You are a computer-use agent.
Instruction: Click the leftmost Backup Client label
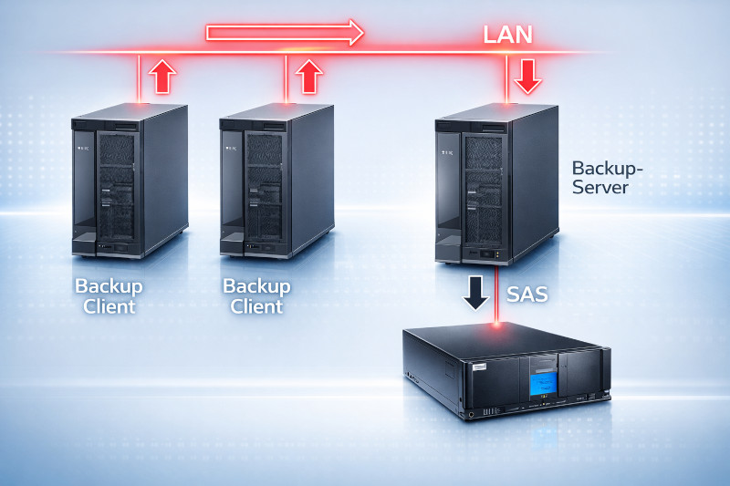(x=109, y=296)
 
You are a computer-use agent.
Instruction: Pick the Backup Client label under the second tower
(x=256, y=296)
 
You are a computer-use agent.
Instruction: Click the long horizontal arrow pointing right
(x=285, y=34)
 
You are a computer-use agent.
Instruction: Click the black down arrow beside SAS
(x=474, y=293)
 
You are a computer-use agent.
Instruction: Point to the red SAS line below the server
(x=496, y=295)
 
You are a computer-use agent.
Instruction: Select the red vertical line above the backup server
(x=506, y=77)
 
